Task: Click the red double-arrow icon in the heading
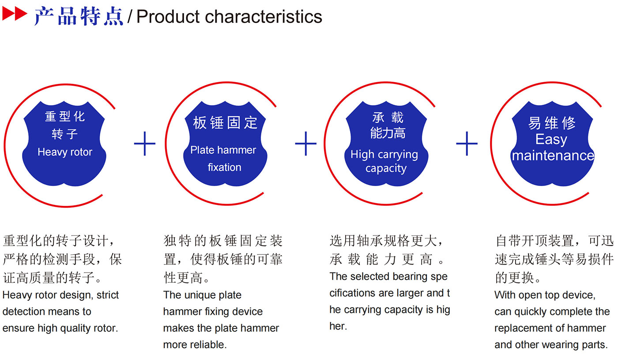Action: point(15,14)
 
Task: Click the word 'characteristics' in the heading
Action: point(263,17)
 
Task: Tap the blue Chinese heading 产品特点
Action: point(79,16)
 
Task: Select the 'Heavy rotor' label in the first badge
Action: point(65,152)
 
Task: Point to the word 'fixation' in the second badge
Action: point(224,167)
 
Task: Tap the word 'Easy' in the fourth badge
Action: point(551,140)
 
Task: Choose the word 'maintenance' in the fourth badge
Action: point(553,155)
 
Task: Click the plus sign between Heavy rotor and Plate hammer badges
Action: point(145,144)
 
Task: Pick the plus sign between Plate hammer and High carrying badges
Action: point(305,144)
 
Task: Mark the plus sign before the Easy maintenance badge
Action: point(467,144)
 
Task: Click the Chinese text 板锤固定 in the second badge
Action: point(225,123)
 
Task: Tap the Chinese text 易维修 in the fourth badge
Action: point(552,123)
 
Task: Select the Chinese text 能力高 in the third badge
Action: point(388,133)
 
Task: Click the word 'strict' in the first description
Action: point(108,295)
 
